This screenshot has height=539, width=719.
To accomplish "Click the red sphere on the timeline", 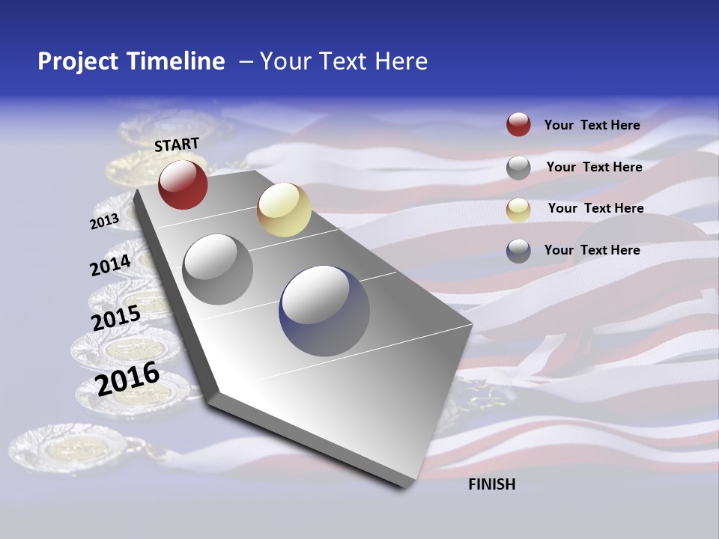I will [183, 184].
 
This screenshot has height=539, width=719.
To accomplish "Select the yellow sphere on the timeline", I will [284, 210].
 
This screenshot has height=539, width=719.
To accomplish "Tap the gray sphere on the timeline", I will [218, 269].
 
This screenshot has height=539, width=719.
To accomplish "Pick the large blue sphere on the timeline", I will [324, 311].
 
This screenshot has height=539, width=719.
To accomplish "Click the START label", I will [177, 144].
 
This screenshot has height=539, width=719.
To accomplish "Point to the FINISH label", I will [492, 484].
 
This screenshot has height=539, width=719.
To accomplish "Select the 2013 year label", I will [104, 222].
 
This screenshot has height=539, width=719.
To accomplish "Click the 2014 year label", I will [110, 265].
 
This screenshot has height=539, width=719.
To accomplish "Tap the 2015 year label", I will [115, 318].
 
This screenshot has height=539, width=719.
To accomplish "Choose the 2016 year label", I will [127, 378].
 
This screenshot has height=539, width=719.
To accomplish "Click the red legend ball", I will [518, 124].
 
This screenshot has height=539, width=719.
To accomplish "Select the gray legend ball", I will [518, 168].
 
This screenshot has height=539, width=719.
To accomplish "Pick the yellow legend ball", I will [518, 210].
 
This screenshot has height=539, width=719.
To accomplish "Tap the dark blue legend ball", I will [518, 251].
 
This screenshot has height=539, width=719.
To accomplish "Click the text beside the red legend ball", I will [592, 125].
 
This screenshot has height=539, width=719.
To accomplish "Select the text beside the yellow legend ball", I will [595, 208].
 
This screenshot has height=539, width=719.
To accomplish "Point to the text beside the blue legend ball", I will [592, 250].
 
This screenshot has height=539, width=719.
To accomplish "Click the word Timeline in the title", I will [177, 61].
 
